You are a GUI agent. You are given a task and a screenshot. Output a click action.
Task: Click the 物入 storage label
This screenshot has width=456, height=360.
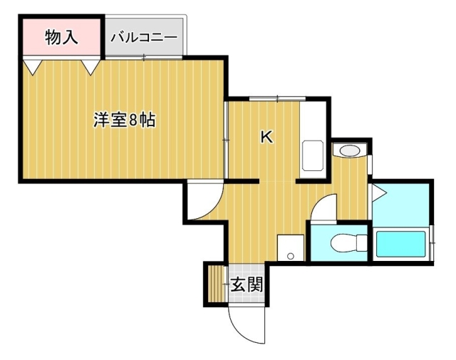pyautogui.click(x=61, y=37)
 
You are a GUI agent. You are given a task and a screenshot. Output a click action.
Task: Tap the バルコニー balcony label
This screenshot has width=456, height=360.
pyautogui.click(x=144, y=38)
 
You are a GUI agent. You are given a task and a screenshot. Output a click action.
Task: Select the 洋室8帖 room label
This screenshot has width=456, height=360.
pyautogui.click(x=125, y=120)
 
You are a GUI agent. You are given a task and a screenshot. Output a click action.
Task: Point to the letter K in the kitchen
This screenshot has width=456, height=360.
pyautogui.click(x=266, y=137)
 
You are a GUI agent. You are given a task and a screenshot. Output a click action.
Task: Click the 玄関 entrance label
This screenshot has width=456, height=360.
pyautogui.click(x=247, y=284)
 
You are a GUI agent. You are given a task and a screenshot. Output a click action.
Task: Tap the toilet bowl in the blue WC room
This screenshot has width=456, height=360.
pyautogui.click(x=349, y=242)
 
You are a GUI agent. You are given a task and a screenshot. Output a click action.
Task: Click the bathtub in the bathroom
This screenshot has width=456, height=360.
pyautogui.click(x=400, y=244)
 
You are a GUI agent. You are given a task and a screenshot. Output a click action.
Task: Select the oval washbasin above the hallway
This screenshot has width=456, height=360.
pyautogui.click(x=350, y=151)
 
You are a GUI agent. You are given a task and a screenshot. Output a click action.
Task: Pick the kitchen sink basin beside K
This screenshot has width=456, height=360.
pyautogui.click(x=313, y=155)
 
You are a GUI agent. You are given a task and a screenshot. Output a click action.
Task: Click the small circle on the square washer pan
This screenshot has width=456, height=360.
pyautogui.click(x=290, y=256)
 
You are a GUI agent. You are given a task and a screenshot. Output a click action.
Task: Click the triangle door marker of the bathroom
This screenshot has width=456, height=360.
pyautogui.click(x=379, y=192)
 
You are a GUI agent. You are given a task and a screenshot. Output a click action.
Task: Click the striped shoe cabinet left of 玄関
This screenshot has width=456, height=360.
pyautogui.click(x=217, y=284)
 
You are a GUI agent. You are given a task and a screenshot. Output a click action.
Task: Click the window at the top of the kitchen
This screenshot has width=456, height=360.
pyautogui.click(x=277, y=98)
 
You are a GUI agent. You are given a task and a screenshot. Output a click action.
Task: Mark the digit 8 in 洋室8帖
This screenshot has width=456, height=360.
pyautogui.click(x=133, y=120)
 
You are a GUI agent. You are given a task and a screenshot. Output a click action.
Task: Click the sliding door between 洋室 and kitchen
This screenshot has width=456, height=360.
pyautogui.click(x=226, y=140)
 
